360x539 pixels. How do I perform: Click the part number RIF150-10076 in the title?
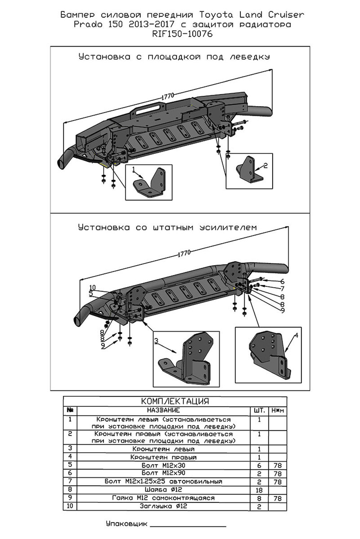click(182, 34)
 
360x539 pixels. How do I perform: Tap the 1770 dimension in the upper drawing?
click(168, 96)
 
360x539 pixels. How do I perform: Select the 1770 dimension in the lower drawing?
click(184, 253)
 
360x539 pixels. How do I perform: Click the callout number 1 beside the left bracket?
click(134, 169)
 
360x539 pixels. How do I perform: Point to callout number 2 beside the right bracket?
click(265, 166)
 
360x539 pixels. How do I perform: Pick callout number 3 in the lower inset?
click(156, 341)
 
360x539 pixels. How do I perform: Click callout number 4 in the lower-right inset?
click(296, 335)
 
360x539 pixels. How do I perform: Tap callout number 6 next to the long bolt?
click(282, 281)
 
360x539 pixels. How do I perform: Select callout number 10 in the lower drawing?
click(93, 288)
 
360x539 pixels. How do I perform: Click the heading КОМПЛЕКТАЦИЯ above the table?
click(175, 401)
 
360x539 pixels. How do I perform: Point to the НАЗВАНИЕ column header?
click(163, 410)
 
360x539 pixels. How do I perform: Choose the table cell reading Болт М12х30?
click(163, 465)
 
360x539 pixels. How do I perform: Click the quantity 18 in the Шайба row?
click(259, 490)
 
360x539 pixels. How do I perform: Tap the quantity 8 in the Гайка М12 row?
click(259, 498)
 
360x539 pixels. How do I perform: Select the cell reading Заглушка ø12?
click(163, 506)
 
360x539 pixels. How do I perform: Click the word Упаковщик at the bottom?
click(127, 524)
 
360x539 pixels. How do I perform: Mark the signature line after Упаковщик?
click(188, 526)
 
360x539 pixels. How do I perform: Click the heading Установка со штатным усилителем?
click(167, 227)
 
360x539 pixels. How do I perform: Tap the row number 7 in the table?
click(70, 481)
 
